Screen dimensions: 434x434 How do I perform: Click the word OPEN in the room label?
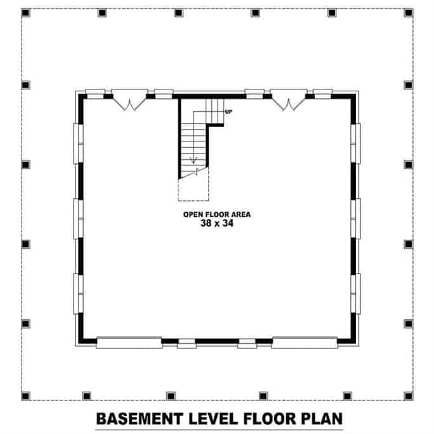(193, 214)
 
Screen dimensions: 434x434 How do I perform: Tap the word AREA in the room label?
(240, 214)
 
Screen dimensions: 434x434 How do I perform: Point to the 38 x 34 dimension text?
(217, 224)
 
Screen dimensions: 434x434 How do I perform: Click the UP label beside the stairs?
(228, 112)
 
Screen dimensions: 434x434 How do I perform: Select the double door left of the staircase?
(130, 102)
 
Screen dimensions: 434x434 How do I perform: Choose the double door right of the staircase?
(289, 102)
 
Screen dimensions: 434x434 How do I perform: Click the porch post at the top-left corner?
(26, 13)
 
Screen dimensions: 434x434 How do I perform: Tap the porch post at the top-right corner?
(408, 13)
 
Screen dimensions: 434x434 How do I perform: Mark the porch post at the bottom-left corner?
(26, 396)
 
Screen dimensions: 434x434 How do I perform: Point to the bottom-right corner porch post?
(408, 396)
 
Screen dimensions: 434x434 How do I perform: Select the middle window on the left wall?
(79, 219)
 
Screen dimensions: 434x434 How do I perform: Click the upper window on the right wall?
(356, 143)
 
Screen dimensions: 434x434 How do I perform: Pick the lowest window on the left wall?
(79, 293)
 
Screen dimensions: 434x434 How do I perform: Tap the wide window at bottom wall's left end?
(129, 343)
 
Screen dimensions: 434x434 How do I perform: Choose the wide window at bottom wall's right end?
(305, 343)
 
